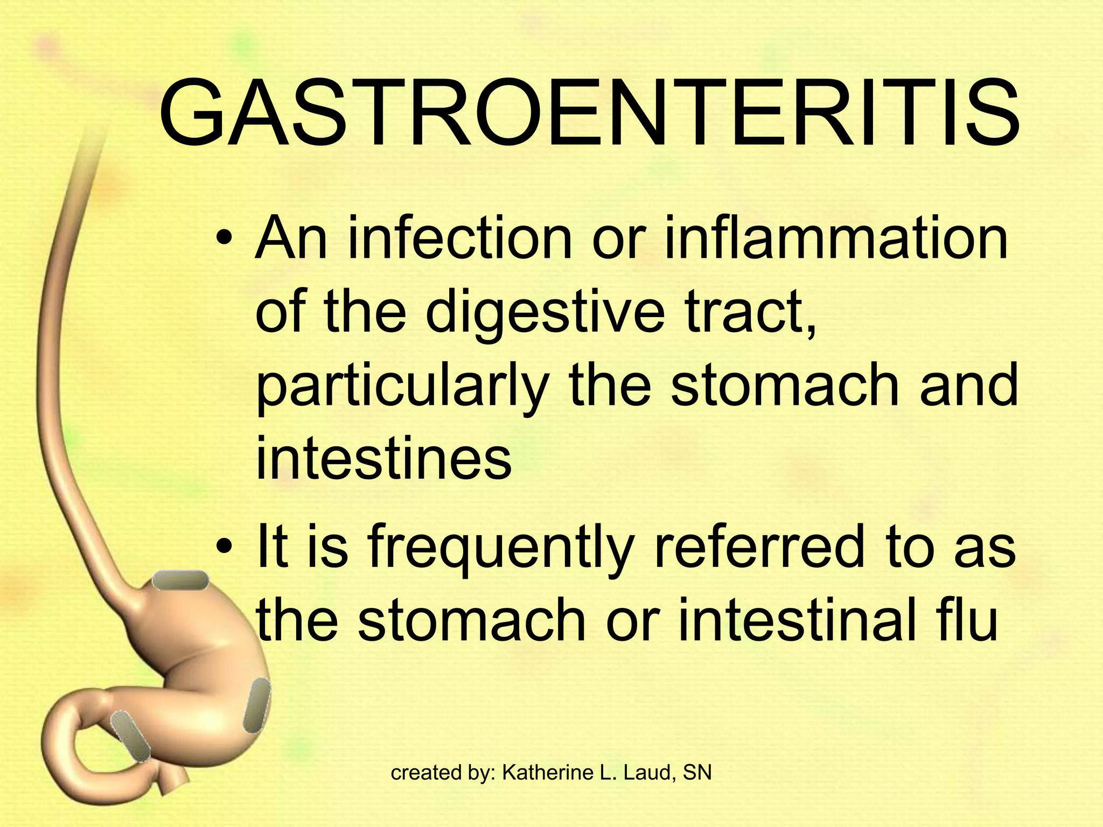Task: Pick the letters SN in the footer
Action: (x=697, y=773)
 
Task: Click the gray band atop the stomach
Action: (x=180, y=581)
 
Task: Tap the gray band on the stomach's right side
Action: (x=257, y=705)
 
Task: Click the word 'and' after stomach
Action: (x=969, y=385)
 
